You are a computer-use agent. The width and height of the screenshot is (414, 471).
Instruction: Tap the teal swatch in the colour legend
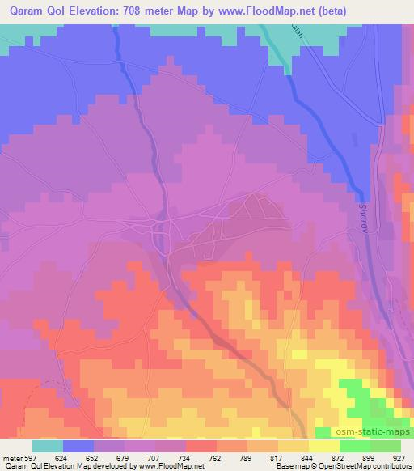coord(48,446)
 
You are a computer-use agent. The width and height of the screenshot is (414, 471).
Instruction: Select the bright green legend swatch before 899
coord(355,446)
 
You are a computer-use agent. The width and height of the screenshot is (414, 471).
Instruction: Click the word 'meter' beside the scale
coord(12,457)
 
